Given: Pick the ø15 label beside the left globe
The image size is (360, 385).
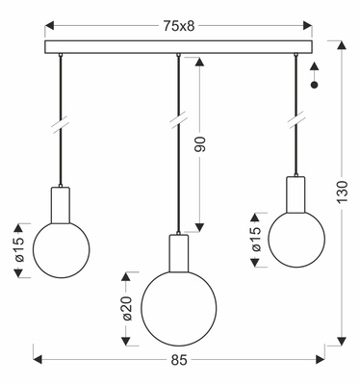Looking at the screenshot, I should click(18, 251).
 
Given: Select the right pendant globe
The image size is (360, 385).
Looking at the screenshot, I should click(296, 234).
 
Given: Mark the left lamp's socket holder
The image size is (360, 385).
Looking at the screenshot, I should click(62, 203).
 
